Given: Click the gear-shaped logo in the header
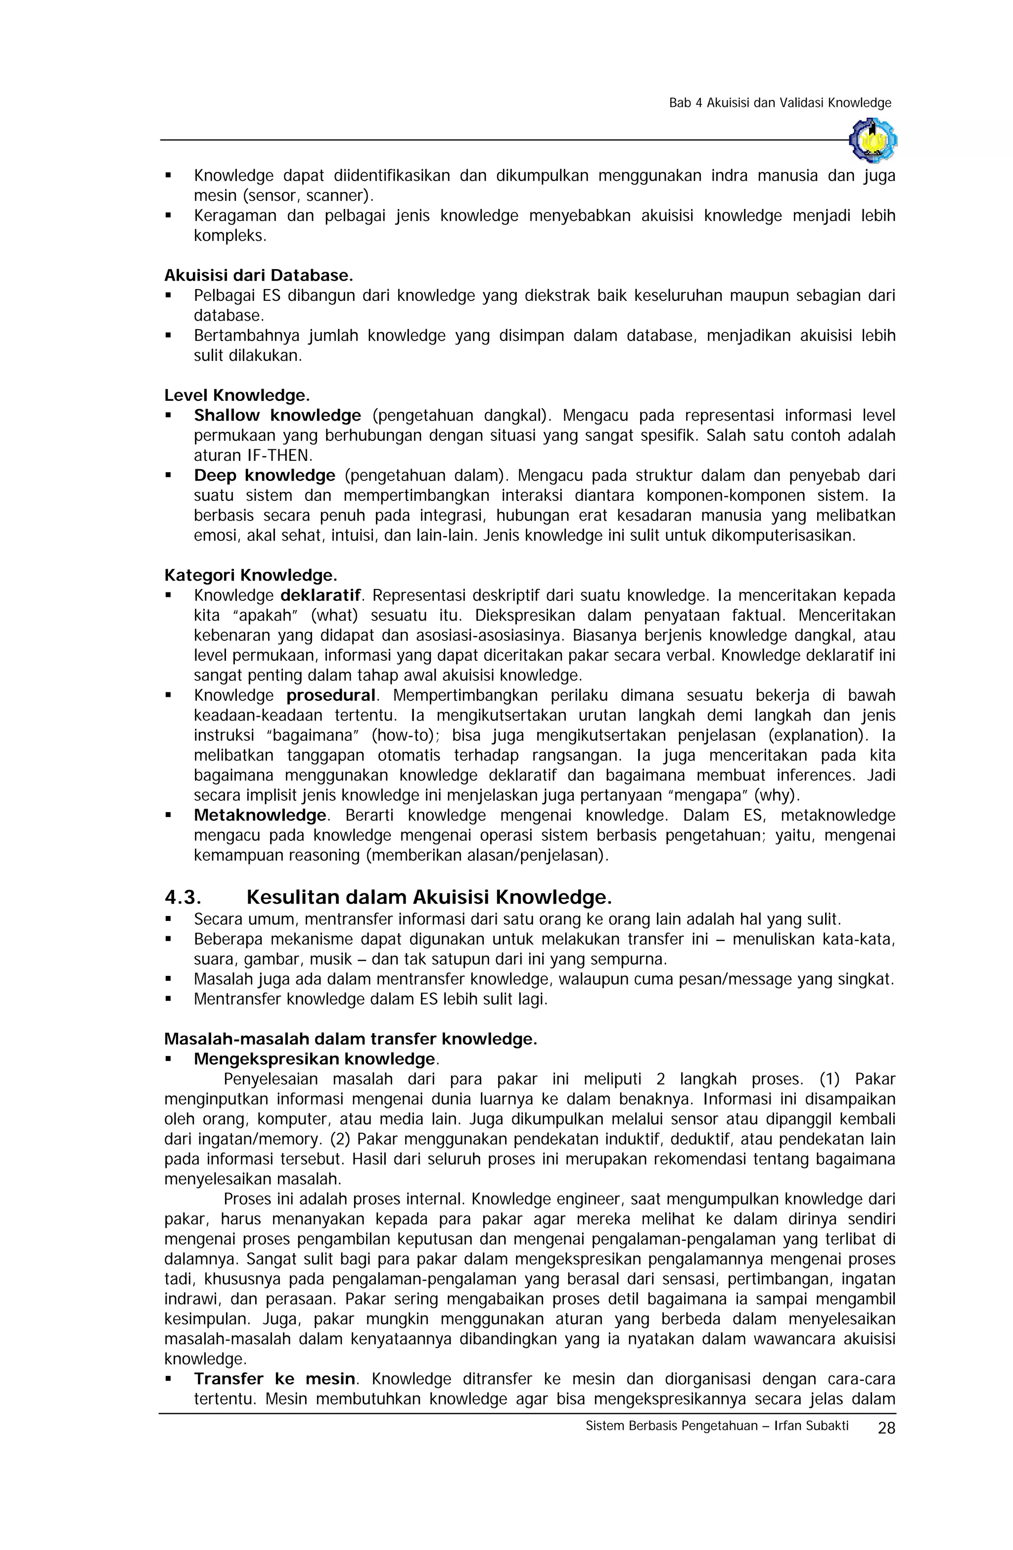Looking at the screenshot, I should click(873, 140).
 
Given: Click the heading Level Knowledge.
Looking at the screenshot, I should click(237, 395).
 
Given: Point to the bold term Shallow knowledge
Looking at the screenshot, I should click(277, 416).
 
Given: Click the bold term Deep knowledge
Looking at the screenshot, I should click(264, 476).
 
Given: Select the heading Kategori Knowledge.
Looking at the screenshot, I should click(251, 575).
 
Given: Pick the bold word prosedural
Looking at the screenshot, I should click(331, 695).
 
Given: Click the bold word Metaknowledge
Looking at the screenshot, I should click(260, 816).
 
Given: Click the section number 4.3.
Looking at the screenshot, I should click(183, 897).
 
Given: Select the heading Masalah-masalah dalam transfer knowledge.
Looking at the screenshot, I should click(350, 1039).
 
